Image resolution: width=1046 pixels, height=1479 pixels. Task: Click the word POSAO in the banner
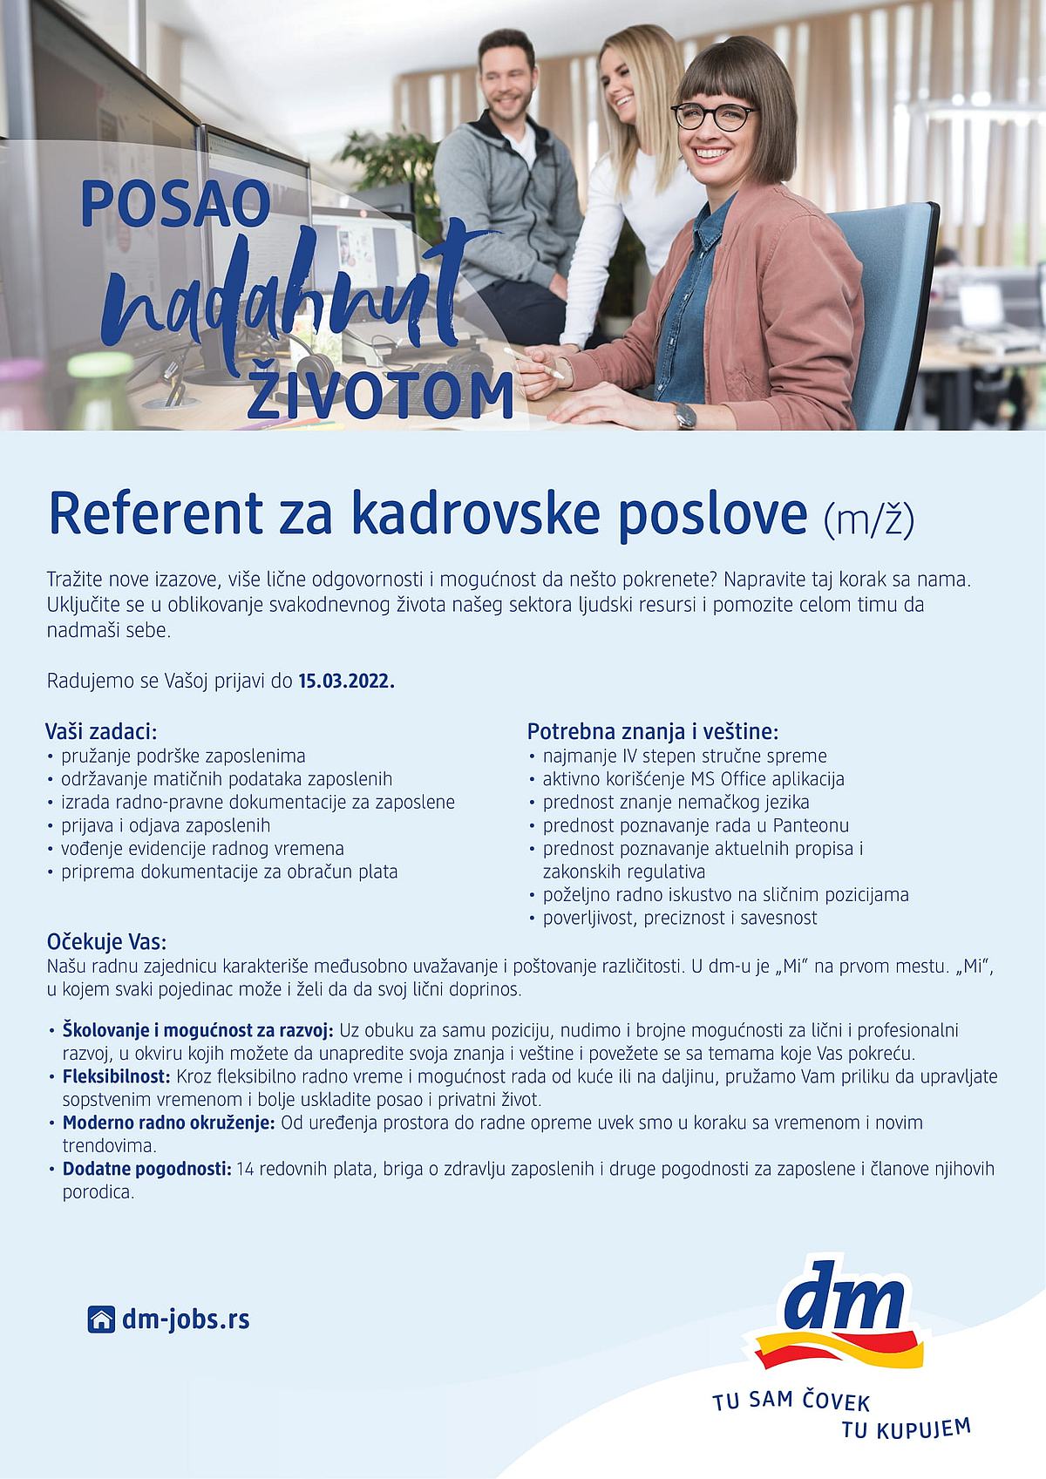coord(176,206)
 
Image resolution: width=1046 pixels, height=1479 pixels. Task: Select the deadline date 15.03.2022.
coord(347,681)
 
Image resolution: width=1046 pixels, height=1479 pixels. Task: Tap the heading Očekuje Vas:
coord(106,943)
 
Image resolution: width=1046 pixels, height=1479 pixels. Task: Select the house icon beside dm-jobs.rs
coord(101,1320)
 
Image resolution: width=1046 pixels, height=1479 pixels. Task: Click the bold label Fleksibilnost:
coord(118,1077)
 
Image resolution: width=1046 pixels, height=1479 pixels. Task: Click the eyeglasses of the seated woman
coord(713,117)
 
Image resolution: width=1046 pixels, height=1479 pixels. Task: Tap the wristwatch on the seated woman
coord(686,415)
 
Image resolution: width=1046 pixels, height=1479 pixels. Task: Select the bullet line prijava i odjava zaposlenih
coord(166,825)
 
